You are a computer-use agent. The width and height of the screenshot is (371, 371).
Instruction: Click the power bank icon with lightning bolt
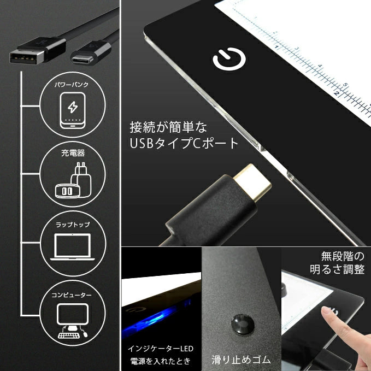tap(73, 110)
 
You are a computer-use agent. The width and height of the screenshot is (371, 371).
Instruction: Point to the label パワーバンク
tap(72, 85)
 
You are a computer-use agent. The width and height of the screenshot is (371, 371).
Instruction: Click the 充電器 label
tap(73, 153)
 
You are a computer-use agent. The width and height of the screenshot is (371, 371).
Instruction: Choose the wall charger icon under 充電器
tap(73, 180)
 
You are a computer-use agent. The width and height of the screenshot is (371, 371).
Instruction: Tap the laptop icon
tap(73, 247)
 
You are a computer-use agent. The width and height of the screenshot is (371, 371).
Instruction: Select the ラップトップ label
tap(73, 225)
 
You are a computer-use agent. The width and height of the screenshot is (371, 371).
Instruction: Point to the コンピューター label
tap(72, 295)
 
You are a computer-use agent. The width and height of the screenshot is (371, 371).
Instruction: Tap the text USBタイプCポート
tap(184, 143)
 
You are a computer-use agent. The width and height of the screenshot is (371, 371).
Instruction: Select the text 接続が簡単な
tap(168, 127)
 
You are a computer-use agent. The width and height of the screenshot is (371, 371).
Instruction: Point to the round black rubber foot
tap(243, 324)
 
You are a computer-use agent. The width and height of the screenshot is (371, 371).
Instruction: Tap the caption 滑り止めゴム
tap(241, 360)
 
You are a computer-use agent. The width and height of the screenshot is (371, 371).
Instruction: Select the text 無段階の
tap(343, 256)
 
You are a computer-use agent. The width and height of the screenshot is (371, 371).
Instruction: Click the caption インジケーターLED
tap(161, 349)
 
